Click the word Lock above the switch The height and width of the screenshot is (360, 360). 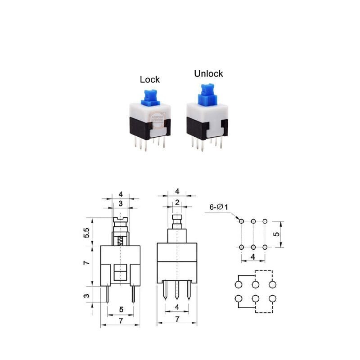(x=149, y=80)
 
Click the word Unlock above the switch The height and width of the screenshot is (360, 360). (x=208, y=74)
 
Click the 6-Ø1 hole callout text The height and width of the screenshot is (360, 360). (x=219, y=207)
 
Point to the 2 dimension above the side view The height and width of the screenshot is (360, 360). (x=177, y=202)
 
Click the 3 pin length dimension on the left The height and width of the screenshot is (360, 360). (x=86, y=296)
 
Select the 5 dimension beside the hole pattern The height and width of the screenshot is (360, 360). (x=277, y=234)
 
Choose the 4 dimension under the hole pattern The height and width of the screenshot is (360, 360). (x=253, y=257)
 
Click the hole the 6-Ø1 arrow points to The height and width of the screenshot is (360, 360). (x=242, y=221)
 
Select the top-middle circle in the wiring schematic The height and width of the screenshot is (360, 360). (x=255, y=285)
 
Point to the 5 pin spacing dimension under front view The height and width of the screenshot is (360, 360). (x=121, y=310)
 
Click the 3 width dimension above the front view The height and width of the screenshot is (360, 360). (x=120, y=204)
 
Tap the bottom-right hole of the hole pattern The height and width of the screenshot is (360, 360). (x=265, y=247)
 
